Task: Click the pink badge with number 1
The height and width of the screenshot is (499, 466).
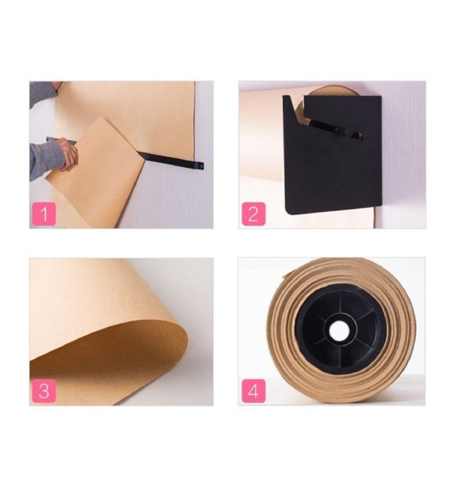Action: click(x=43, y=215)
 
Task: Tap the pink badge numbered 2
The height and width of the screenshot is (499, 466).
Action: click(x=253, y=215)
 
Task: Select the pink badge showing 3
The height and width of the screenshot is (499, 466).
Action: click(x=43, y=391)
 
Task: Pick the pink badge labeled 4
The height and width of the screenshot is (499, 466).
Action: click(x=253, y=391)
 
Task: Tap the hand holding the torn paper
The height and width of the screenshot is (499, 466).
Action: click(x=68, y=153)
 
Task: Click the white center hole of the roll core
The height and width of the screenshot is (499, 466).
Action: click(x=340, y=330)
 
